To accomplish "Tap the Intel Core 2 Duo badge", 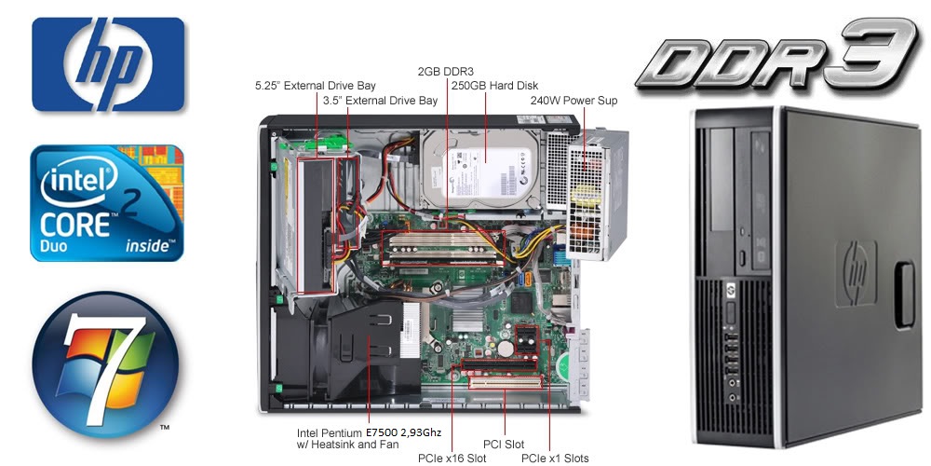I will [107, 202].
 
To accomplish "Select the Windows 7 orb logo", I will [104, 364].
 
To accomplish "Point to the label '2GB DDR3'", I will [446, 71].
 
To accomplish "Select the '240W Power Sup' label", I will [573, 100].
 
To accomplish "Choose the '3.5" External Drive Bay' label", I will [380, 100].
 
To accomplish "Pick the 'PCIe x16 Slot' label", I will [452, 458].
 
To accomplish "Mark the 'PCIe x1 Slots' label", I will [555, 458].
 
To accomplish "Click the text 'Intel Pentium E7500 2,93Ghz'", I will [369, 433].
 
